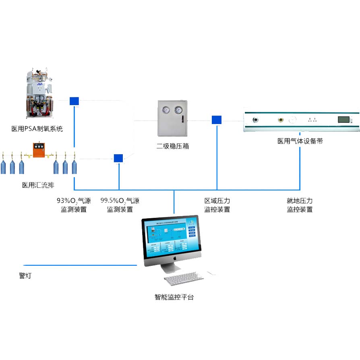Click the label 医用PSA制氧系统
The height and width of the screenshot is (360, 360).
37,129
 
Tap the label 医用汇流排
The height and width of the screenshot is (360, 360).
38,186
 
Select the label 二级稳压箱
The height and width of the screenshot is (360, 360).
173,146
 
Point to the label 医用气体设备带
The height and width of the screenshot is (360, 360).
300,141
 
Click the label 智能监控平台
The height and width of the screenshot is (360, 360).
174,298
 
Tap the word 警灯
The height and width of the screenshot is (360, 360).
25,276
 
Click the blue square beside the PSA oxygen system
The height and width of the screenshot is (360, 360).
74,101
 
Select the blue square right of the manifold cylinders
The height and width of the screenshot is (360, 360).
118,158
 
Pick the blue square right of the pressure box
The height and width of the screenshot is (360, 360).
217,120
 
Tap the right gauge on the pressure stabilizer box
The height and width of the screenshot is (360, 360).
178,110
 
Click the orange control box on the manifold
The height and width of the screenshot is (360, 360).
39,150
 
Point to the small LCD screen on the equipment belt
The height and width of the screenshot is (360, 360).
343,120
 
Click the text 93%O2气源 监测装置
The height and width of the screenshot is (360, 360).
74,205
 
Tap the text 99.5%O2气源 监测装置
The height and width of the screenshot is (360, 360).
120,205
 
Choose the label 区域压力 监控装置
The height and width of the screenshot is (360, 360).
217,205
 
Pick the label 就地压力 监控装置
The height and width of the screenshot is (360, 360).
300,205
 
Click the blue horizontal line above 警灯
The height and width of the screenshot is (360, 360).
81,265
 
